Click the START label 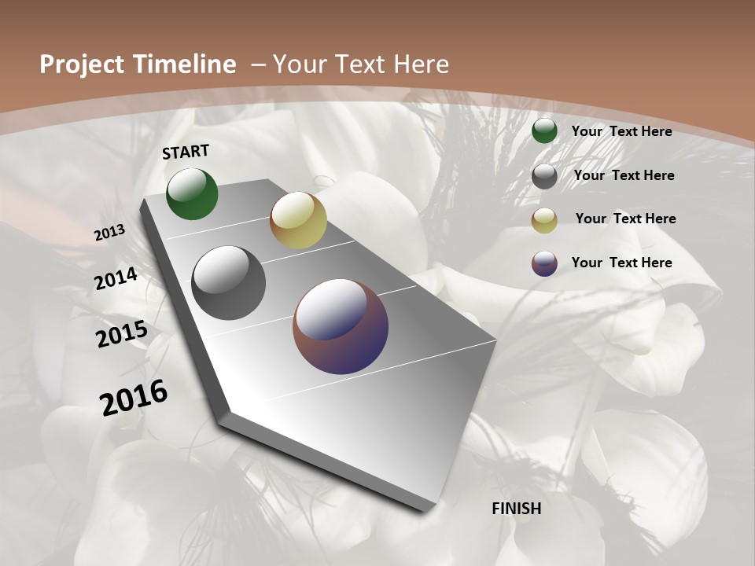click(186, 152)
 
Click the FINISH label click(517, 509)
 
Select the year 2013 click(110, 233)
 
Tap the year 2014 click(116, 279)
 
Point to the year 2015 click(122, 334)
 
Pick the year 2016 click(134, 397)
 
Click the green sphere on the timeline click(192, 194)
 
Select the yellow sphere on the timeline click(298, 220)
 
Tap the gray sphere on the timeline click(228, 283)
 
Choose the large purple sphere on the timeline click(341, 326)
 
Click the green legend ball click(544, 131)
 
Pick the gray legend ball click(544, 175)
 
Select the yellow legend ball click(544, 220)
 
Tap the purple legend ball click(544, 263)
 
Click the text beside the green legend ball click(621, 131)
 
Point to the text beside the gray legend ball click(624, 175)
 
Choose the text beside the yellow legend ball click(625, 219)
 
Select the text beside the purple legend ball click(621, 263)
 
